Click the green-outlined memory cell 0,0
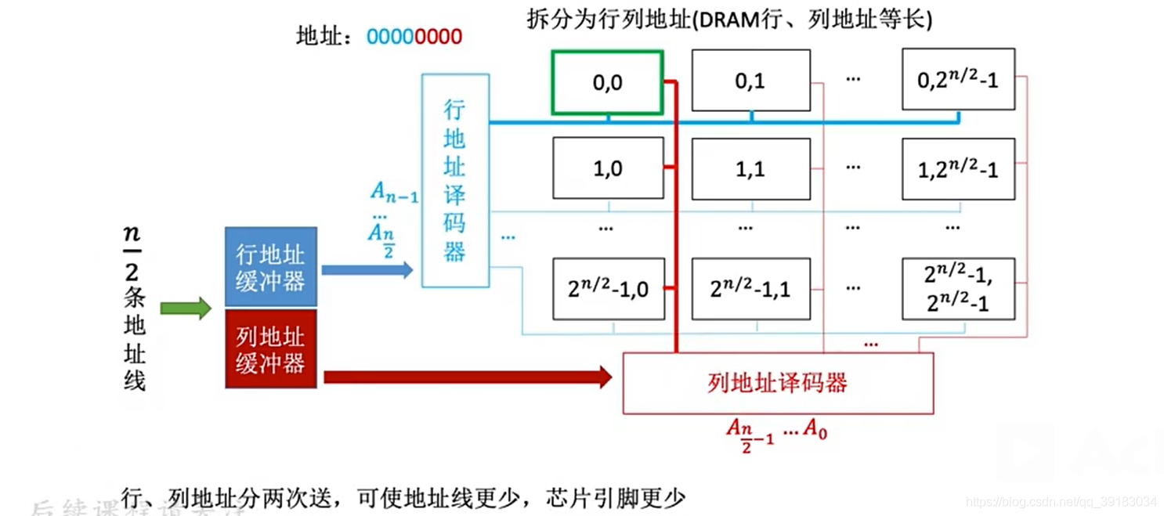pyautogui.click(x=608, y=82)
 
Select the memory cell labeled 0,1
pyautogui.click(x=750, y=81)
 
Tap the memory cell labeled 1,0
pyautogui.click(x=608, y=169)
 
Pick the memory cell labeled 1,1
pyautogui.click(x=750, y=169)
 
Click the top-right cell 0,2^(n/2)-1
pyautogui.click(x=958, y=79)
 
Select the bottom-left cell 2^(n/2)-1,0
pyautogui.click(x=608, y=289)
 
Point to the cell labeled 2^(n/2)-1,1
pyautogui.click(x=750, y=289)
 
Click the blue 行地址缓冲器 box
pyautogui.click(x=271, y=267)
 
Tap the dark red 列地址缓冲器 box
pyautogui.click(x=271, y=349)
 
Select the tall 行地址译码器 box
pyautogui.click(x=455, y=180)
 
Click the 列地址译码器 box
pyautogui.click(x=777, y=383)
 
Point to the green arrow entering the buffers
pyautogui.click(x=186, y=309)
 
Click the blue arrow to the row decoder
pyautogui.click(x=367, y=270)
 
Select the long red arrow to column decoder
pyautogui.click(x=467, y=377)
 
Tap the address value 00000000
pyautogui.click(x=414, y=37)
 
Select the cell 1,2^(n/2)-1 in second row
pyautogui.click(x=958, y=169)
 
